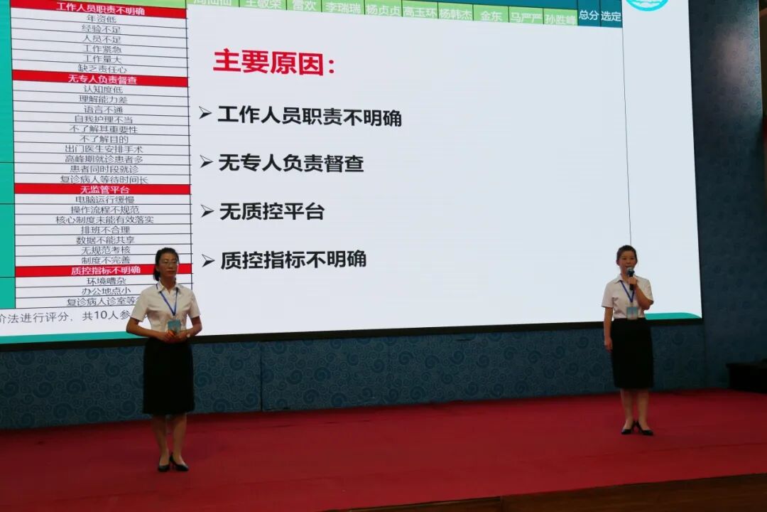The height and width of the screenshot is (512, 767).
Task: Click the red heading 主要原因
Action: (x=273, y=62)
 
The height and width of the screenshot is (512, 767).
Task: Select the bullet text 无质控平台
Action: (x=271, y=211)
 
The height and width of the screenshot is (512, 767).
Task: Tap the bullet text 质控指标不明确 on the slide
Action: (x=293, y=260)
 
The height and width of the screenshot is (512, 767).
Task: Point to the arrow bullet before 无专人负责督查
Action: (x=206, y=162)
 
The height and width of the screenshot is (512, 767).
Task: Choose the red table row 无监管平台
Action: (x=104, y=189)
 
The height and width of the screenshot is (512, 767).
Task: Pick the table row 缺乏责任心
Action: (x=102, y=69)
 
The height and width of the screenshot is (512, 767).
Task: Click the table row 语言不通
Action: (x=103, y=110)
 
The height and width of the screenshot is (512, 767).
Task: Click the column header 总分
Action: (x=588, y=15)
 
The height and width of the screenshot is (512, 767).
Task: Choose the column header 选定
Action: (x=610, y=16)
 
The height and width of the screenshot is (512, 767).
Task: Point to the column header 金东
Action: (x=490, y=15)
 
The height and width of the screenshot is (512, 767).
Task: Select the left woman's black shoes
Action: (x=173, y=464)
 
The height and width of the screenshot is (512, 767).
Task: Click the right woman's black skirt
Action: (x=631, y=353)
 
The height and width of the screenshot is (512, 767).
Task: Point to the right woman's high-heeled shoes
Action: (x=637, y=428)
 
